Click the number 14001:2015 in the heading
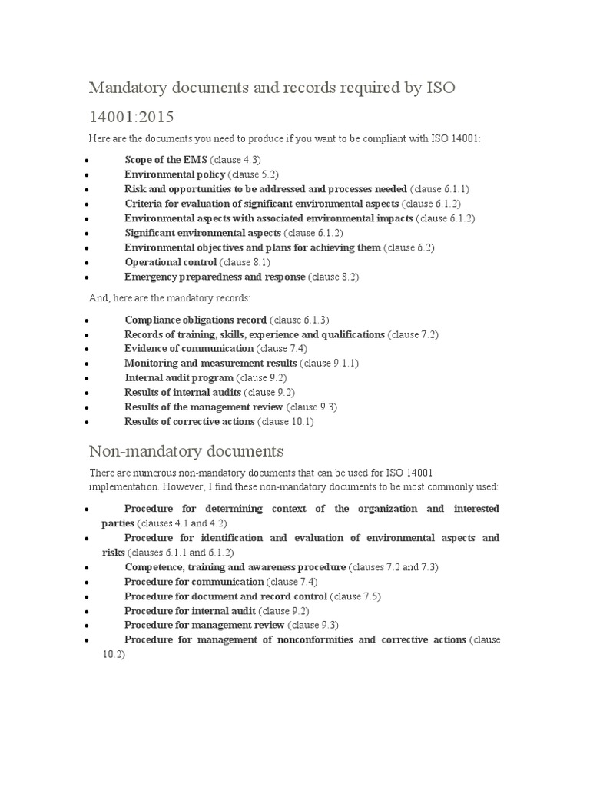[131, 117]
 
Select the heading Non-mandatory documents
[187, 450]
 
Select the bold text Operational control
[171, 262]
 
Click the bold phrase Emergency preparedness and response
[215, 277]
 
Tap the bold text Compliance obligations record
[196, 320]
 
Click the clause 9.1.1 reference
[330, 363]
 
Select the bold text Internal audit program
[179, 377]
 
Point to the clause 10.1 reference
[286, 421]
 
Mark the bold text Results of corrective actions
[190, 421]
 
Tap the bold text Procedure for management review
[201, 625]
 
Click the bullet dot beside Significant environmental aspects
[90, 234]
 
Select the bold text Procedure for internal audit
[191, 611]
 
